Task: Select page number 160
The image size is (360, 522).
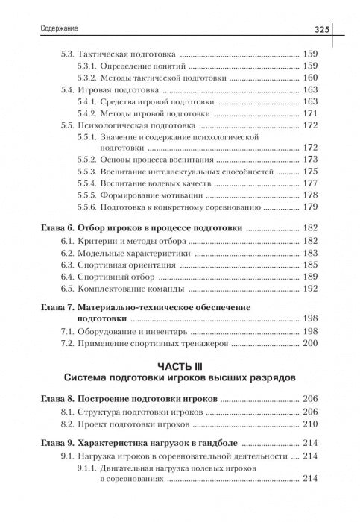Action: point(310,78)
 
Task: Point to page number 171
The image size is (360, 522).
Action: point(310,113)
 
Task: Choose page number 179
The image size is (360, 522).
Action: point(310,207)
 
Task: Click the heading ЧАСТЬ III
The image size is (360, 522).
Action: point(180,366)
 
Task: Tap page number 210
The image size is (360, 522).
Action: point(310,424)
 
